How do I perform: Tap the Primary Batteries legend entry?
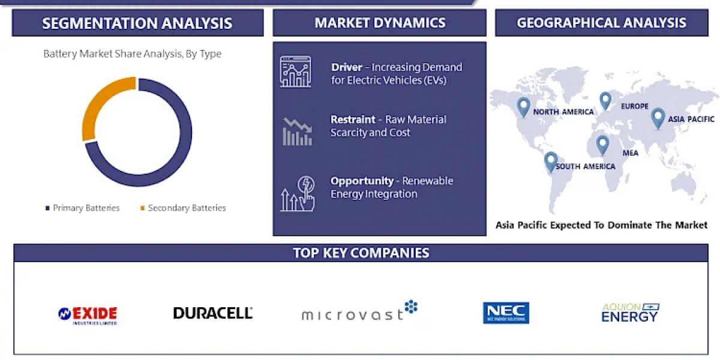(x=83, y=208)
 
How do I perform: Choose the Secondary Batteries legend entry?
(x=183, y=208)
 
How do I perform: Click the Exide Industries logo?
(x=88, y=316)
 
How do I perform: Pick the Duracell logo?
(x=213, y=313)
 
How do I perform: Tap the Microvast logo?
(x=359, y=311)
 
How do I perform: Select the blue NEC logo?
(x=506, y=313)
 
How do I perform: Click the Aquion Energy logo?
(x=630, y=313)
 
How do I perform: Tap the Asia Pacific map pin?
(x=658, y=118)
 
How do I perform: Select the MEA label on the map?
(x=631, y=153)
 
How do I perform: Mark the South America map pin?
(x=551, y=161)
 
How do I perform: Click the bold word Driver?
(x=347, y=67)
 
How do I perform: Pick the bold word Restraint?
(x=353, y=119)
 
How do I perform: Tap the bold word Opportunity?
(x=362, y=181)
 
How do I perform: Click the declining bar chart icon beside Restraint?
(x=298, y=132)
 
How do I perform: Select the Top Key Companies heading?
(x=361, y=253)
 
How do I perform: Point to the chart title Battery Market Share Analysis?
(x=133, y=53)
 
